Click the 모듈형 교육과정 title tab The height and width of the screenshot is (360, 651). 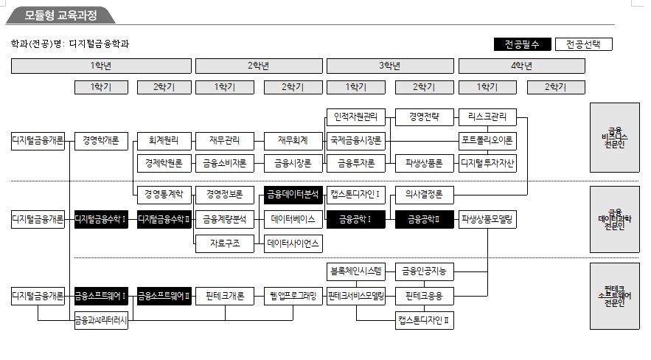(x=60, y=15)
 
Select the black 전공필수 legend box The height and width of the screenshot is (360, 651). (x=522, y=44)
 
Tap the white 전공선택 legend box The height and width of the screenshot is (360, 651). (x=583, y=44)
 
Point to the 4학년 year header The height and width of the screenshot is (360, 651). (x=521, y=66)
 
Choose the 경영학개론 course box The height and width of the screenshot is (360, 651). (x=101, y=139)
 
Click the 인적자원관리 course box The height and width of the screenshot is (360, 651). (x=355, y=117)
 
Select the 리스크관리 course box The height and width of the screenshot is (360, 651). (x=487, y=117)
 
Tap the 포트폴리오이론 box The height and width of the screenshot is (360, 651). (x=487, y=139)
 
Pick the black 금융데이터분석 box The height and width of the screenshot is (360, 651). (x=293, y=195)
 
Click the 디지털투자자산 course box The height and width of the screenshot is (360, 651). (x=487, y=162)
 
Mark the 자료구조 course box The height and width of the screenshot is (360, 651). (x=224, y=243)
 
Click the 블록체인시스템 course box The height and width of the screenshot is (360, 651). (x=355, y=271)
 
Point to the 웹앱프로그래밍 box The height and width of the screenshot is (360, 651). (x=293, y=297)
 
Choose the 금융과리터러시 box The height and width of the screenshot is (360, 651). (x=101, y=320)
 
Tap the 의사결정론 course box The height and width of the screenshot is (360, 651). (x=424, y=195)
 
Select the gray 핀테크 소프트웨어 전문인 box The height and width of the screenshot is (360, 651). (x=614, y=296)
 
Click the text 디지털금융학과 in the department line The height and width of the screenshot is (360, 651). (x=99, y=44)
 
